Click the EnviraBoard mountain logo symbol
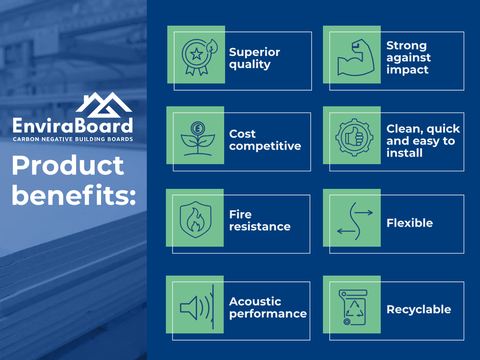(104, 105)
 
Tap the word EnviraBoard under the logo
(73, 125)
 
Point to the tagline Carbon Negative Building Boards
(73, 139)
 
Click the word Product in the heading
(68, 166)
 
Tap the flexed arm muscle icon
(356, 57)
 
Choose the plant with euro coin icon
(198, 138)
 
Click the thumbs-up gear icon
(355, 138)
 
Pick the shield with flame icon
(196, 219)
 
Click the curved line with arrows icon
(355, 221)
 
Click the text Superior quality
(254, 58)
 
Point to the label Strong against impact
(408, 57)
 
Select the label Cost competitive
(265, 140)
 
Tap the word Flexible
(410, 223)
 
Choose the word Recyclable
(419, 310)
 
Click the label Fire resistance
(260, 220)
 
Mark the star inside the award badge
(196, 54)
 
